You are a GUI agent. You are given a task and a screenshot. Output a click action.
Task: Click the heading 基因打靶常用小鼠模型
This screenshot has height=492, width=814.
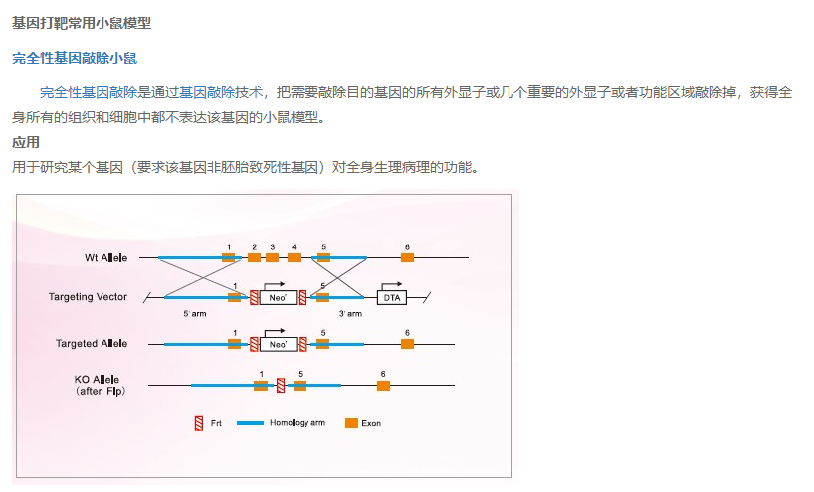pos(82,22)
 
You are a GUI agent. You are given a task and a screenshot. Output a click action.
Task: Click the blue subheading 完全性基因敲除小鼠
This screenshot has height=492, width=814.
pos(75,58)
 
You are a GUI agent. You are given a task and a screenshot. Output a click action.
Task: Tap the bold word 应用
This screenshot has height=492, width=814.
pos(26,142)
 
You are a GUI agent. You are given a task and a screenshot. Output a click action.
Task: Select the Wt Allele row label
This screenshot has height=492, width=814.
pos(106,258)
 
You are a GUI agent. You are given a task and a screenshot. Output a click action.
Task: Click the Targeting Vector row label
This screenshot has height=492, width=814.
pos(88,297)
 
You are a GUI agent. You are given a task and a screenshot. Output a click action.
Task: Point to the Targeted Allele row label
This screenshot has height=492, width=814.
pos(92,344)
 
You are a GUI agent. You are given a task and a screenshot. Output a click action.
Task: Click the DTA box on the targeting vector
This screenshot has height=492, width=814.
pos(392,297)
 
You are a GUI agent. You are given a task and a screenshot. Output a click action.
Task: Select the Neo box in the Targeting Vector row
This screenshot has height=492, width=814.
pos(279,297)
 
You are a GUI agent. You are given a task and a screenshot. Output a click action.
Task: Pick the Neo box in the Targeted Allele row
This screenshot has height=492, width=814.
pos(279,344)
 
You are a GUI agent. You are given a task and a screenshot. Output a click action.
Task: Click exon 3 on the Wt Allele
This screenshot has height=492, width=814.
pos(273,258)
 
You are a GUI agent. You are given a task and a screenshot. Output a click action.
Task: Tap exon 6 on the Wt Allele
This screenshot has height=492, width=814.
pos(407,258)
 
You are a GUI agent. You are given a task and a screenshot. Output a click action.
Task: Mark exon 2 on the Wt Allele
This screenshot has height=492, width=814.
pos(254,258)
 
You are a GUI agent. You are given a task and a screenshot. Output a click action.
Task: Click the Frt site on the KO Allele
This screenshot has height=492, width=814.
pos(281,385)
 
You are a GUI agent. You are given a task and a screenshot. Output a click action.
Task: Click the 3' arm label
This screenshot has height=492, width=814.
pos(350,314)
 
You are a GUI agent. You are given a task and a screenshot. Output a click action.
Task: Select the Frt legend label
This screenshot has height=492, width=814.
pos(216,423)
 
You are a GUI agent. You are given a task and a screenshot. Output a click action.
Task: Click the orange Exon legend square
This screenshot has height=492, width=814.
pos(351,423)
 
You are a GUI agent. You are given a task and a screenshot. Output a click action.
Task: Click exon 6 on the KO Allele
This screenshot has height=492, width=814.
pos(383,385)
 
